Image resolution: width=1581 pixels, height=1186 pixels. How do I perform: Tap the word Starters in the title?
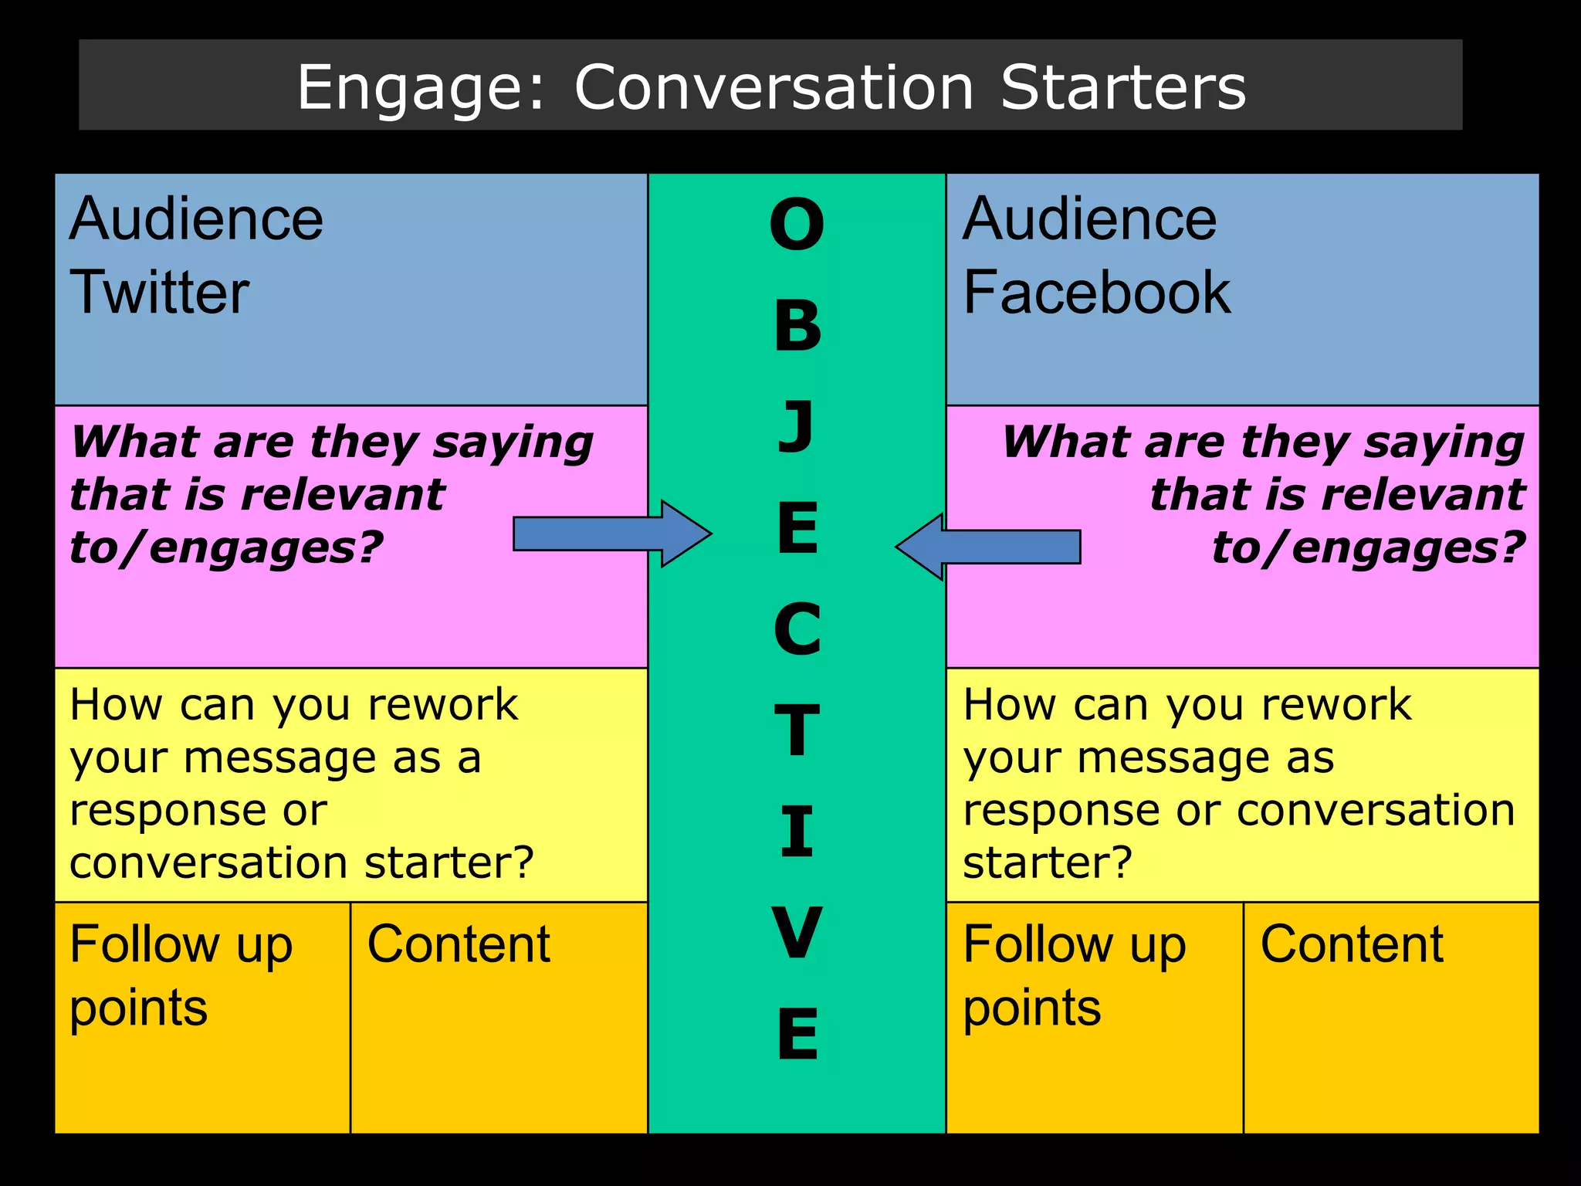click(1122, 87)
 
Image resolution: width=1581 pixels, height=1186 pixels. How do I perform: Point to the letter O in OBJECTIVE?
click(797, 225)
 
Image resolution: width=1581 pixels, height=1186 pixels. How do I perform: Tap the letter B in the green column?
click(797, 326)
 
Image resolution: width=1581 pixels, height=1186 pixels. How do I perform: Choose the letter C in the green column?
click(797, 629)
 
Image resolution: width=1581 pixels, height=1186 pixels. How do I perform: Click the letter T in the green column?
click(797, 730)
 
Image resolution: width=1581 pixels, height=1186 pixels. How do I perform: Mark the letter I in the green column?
click(797, 832)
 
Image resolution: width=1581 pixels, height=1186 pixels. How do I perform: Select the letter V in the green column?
click(797, 933)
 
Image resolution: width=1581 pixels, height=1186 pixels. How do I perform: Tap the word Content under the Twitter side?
click(459, 944)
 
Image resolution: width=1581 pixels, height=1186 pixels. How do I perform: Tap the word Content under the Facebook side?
click(1352, 944)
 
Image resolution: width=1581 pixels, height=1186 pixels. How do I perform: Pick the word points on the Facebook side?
click(1031, 1008)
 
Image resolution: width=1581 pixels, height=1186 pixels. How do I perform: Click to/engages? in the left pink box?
click(226, 547)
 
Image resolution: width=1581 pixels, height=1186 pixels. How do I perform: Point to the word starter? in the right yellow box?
click(1047, 862)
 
